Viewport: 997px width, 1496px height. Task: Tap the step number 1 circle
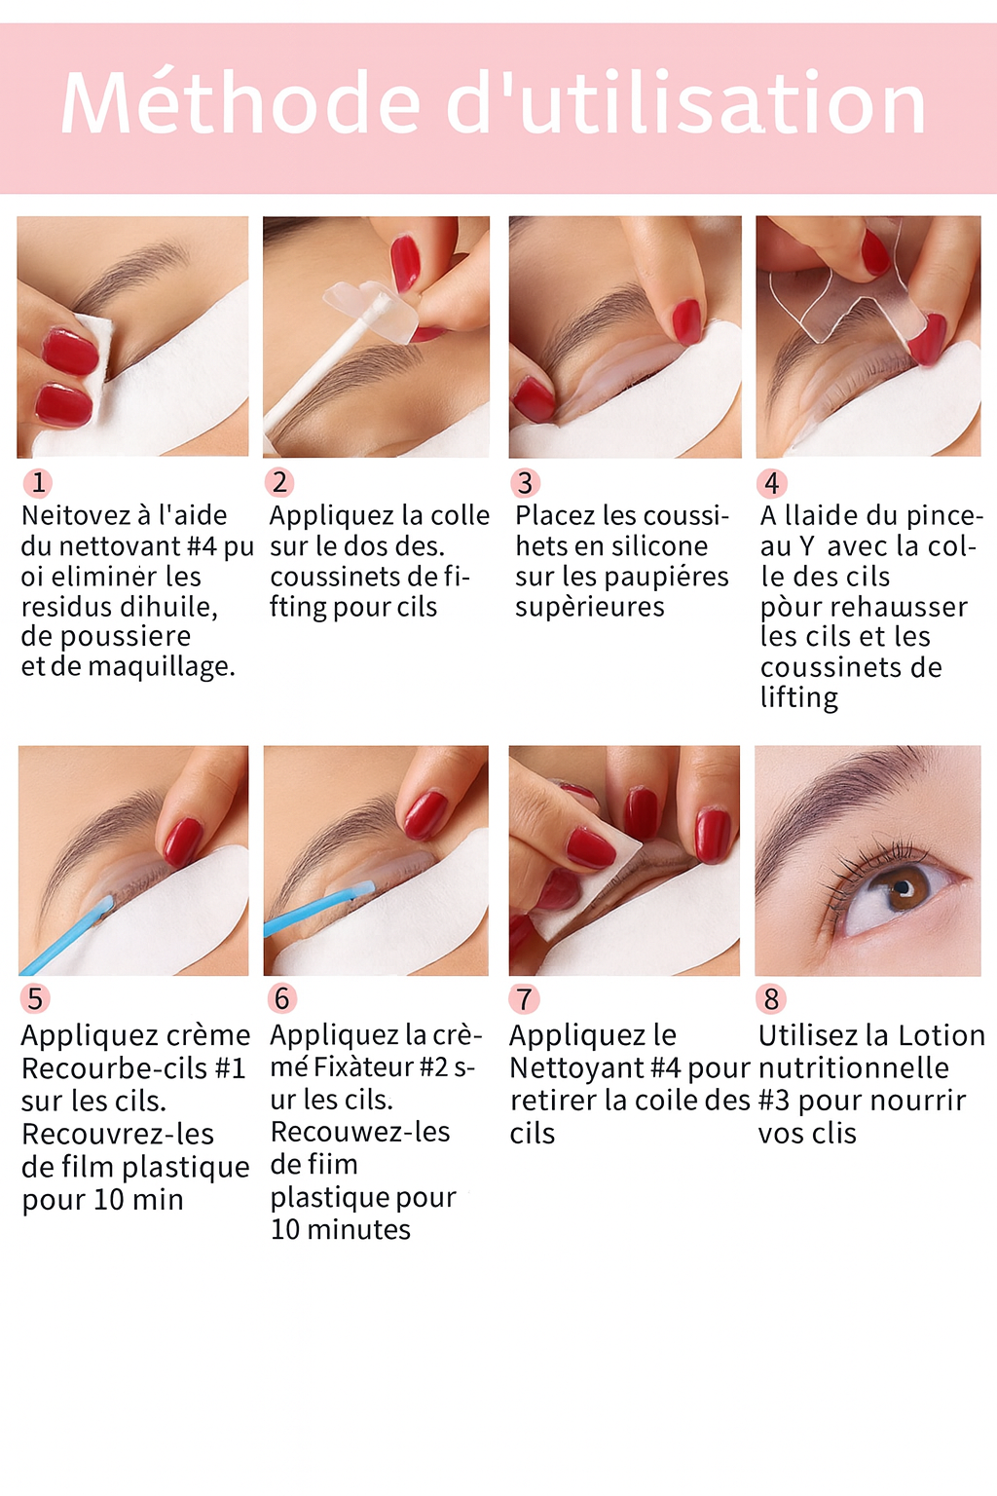[x=38, y=482]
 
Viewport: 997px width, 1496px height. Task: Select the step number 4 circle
[x=771, y=483]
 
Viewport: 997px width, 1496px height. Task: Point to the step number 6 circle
[x=281, y=998]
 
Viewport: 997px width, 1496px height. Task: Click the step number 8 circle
[x=771, y=999]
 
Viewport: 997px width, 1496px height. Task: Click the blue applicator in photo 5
[x=68, y=935]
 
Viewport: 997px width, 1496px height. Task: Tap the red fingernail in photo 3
[x=686, y=320]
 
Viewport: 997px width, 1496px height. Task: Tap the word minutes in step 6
[x=358, y=1230]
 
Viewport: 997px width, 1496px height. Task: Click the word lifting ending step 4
[x=798, y=698]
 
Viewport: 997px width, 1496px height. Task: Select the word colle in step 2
[x=460, y=515]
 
